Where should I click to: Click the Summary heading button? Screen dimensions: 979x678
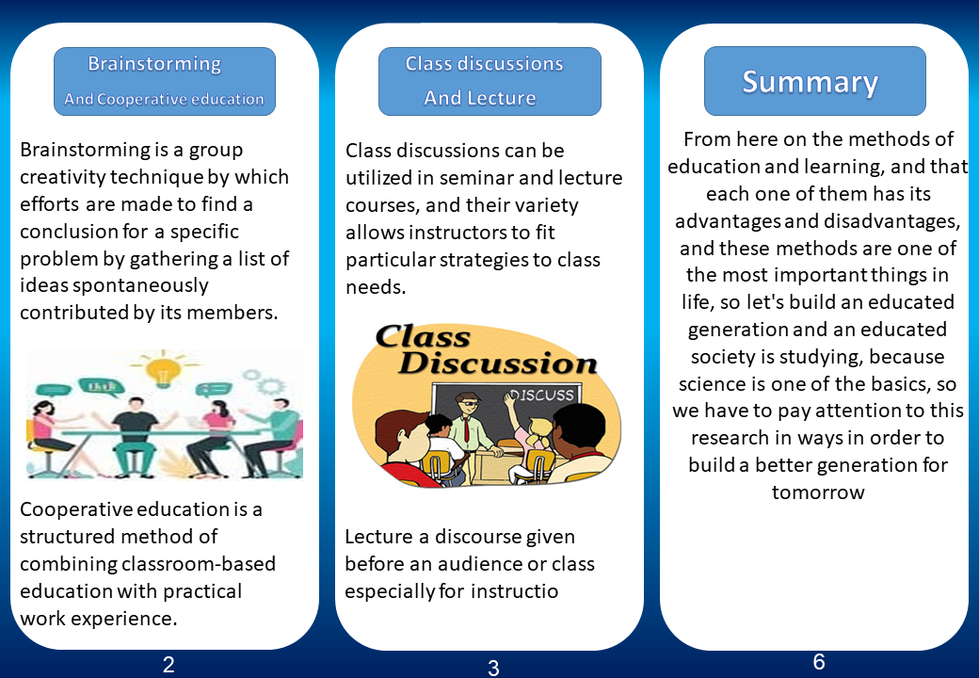[x=815, y=81]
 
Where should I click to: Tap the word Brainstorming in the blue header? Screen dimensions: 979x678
[x=154, y=64]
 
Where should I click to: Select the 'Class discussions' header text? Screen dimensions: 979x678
[x=484, y=63]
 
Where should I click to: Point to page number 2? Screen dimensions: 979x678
[x=169, y=665]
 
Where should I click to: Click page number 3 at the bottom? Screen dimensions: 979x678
[x=493, y=668]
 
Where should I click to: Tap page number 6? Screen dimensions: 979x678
[x=819, y=661]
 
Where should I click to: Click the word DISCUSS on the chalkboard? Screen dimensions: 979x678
[x=542, y=395]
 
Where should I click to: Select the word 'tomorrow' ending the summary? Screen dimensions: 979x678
[x=818, y=492]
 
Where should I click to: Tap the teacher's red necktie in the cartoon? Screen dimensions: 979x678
[x=466, y=430]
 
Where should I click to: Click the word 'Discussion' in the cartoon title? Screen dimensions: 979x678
[x=498, y=363]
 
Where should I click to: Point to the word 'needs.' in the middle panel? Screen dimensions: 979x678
[x=376, y=287]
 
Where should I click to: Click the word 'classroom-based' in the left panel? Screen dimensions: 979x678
[x=199, y=564]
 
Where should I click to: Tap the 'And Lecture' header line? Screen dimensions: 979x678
[x=479, y=98]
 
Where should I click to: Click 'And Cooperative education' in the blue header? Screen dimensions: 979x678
[x=164, y=99]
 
